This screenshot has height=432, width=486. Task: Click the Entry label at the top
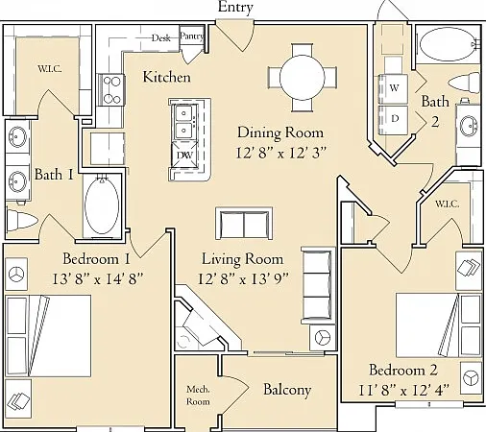pos(235,8)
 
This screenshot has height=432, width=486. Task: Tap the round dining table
pos(303,78)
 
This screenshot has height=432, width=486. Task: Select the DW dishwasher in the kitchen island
pos(184,155)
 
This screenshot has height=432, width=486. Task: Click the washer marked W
pos(394,88)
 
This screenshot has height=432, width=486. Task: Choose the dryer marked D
pos(394,120)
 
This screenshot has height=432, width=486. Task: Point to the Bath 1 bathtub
pos(102,205)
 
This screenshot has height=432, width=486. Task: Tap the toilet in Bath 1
pos(21,220)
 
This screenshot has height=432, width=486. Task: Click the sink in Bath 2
pos(470,126)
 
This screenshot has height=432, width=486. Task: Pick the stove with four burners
pos(111,90)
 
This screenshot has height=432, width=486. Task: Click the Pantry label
pos(191,36)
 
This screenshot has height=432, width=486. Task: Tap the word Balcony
pos(287,390)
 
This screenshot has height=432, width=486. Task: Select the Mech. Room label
pos(198,396)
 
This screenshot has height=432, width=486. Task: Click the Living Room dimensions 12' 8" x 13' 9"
pos(243,278)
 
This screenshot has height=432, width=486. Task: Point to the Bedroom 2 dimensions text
pos(403,390)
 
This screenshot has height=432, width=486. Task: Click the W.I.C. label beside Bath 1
pos(50,69)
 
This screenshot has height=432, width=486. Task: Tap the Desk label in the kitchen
pos(161,38)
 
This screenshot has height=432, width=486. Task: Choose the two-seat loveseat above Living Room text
pos(244,224)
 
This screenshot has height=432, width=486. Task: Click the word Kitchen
pos(166,77)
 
